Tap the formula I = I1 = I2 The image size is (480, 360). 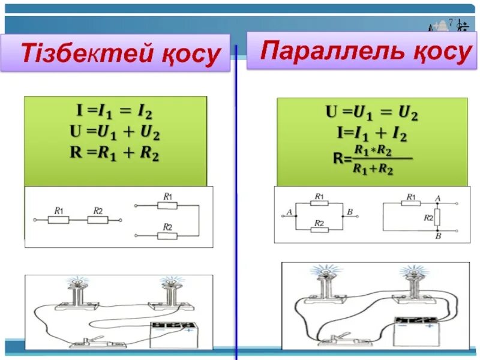[114, 112]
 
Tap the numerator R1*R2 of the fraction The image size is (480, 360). [373, 150]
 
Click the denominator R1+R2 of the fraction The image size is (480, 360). [373, 169]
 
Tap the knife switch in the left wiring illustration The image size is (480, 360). [88, 343]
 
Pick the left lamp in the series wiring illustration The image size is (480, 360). [76, 294]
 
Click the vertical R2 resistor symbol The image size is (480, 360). [437, 217]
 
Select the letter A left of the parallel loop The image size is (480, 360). [289, 212]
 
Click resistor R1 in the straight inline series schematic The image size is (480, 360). [59, 220]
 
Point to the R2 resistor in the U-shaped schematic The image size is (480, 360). [167, 236]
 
